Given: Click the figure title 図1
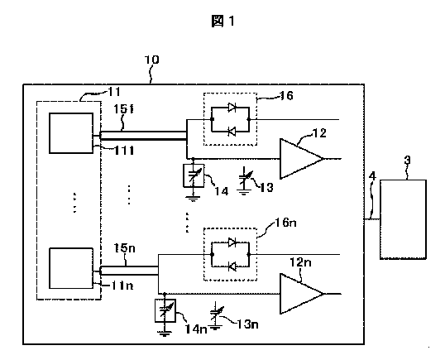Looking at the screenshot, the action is pos(223,22).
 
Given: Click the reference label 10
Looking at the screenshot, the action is pos(152,60).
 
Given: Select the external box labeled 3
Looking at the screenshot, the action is pos(403,219).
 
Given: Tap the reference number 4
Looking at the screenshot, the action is pos(372,176).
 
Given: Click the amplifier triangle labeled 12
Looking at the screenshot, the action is pos(302,159).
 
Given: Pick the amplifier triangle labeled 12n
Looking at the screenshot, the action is pos(302,294).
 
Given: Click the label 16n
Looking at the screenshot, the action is pos(286,223).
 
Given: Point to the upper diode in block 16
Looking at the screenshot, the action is pos(232,108).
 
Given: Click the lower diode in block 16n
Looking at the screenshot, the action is pos(232,266).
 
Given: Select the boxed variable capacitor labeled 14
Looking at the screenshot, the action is pos(194,175).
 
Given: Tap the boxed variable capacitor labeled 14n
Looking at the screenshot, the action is pos(165,310).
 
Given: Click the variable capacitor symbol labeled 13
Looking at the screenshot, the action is pos(245,181).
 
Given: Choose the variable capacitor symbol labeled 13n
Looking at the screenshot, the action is pos(216,315).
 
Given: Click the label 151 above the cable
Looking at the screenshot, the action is pos(123,109).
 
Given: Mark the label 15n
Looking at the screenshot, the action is pos(125,248).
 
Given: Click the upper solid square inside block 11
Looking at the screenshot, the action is pos(71,133).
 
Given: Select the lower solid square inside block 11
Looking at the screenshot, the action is pos(71,268).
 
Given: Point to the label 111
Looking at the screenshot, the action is pos(124,151).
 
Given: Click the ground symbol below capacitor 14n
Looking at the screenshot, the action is pos(165,334).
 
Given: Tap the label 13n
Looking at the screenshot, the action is pos(247,324).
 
